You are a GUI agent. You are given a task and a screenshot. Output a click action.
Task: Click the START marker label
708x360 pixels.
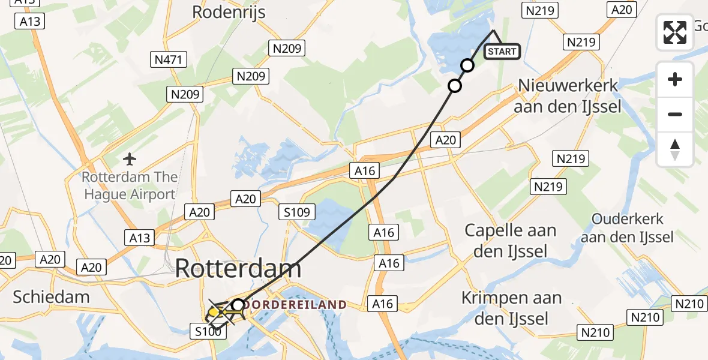[x=502, y=52]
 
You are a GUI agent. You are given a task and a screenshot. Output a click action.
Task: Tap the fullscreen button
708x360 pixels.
[x=675, y=32]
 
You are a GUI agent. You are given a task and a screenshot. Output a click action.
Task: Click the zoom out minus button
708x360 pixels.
[x=675, y=114]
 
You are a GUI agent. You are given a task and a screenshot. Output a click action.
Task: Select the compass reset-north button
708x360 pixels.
[x=675, y=149]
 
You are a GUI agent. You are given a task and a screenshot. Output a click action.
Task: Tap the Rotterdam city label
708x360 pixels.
[x=238, y=269]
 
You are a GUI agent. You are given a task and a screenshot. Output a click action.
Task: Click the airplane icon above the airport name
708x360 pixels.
[x=130, y=160]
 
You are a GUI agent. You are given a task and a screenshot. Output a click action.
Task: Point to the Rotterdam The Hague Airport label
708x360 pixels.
[x=130, y=186]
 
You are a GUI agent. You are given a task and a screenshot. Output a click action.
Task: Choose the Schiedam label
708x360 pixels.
[x=51, y=296]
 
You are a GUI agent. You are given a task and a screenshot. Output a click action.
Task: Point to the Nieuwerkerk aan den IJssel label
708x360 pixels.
[x=568, y=96]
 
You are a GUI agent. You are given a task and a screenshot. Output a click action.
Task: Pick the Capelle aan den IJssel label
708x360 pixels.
[x=511, y=241]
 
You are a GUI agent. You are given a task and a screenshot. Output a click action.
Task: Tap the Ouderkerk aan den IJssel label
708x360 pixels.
[x=633, y=228]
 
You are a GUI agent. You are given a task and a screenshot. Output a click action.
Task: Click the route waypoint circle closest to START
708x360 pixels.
[x=467, y=65]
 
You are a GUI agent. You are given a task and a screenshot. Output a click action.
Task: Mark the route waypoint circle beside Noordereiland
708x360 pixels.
[x=238, y=305]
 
